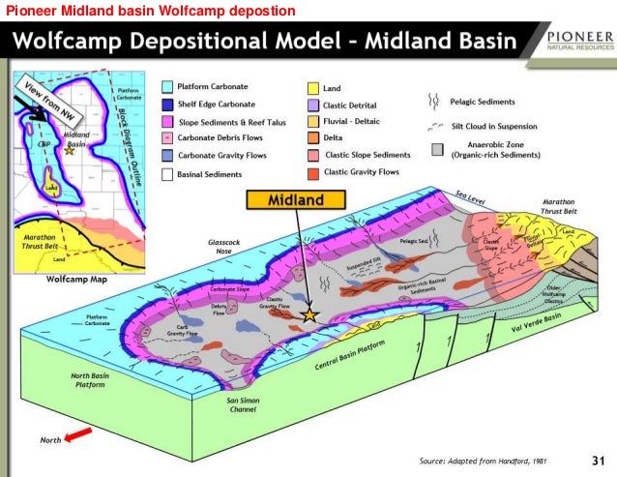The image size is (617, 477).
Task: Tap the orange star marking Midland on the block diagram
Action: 309,315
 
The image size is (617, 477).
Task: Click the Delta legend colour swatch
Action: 312,138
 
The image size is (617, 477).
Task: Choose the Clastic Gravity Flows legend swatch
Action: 312,172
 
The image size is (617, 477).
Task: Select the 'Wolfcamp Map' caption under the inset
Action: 74,279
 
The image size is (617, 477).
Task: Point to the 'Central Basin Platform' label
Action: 350,358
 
